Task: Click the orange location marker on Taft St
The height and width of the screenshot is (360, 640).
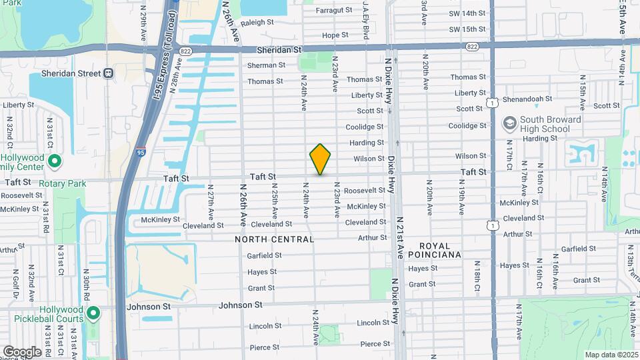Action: (x=320, y=159)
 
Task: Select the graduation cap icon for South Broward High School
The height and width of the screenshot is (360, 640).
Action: (x=510, y=123)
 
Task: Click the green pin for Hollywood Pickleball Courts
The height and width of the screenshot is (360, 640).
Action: (x=94, y=313)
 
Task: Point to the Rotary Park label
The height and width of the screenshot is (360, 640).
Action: (x=63, y=183)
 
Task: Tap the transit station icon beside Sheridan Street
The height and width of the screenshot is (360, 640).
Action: (x=108, y=73)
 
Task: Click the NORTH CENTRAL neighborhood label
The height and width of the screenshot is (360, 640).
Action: (x=274, y=239)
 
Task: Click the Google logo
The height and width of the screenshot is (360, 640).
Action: (x=21, y=351)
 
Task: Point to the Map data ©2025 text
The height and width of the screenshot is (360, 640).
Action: (x=611, y=355)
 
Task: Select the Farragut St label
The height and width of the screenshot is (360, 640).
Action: (x=334, y=11)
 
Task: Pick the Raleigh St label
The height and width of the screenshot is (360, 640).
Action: (x=257, y=22)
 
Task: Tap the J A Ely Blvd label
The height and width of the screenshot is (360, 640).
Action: (x=366, y=20)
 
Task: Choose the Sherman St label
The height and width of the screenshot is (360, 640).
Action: (x=266, y=65)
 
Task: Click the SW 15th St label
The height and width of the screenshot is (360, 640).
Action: (x=467, y=29)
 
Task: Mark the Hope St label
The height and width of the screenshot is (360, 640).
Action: (x=335, y=35)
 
